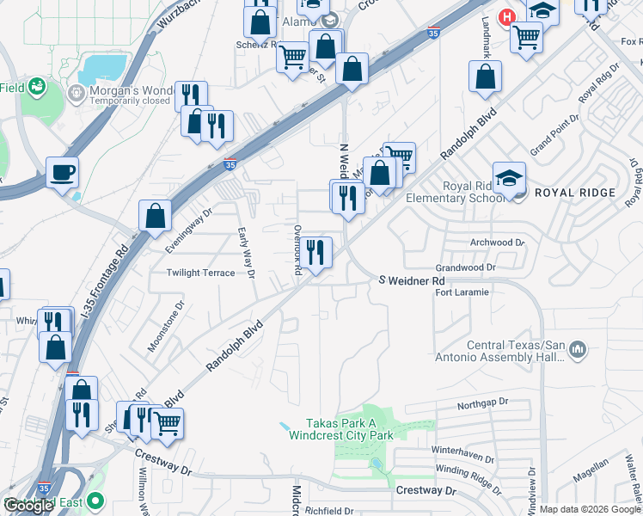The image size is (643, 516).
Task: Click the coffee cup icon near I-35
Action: pyautogui.click(x=63, y=173)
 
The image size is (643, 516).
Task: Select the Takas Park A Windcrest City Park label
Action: pyautogui.click(x=350, y=429)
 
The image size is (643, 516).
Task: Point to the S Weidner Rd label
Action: pyautogui.click(x=413, y=281)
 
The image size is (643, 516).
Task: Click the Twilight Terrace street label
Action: pyautogui.click(x=200, y=273)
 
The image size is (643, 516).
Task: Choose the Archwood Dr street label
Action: pyautogui.click(x=498, y=243)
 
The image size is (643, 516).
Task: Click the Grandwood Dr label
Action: pyautogui.click(x=466, y=267)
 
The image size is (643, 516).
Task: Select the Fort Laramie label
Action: pyautogui.click(x=462, y=292)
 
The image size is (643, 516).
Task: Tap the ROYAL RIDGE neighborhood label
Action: pyautogui.click(x=575, y=193)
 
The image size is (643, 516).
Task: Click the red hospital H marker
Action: pyautogui.click(x=508, y=16)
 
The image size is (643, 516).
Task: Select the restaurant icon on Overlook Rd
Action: pyautogui.click(x=316, y=252)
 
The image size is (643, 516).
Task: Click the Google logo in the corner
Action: pyautogui.click(x=28, y=506)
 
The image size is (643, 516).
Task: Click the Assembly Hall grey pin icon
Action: pyautogui.click(x=578, y=350)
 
